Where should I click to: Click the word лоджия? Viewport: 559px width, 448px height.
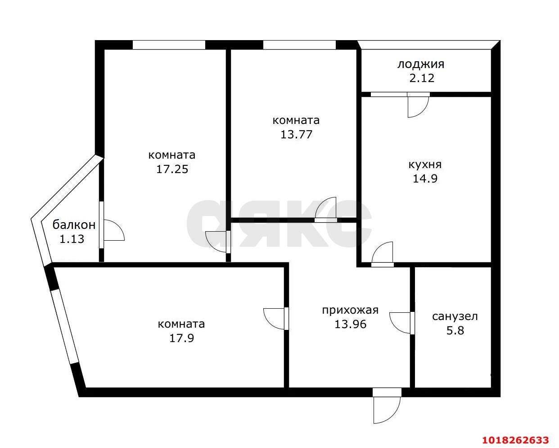click(x=421, y=64)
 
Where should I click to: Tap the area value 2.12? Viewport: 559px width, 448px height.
click(x=422, y=78)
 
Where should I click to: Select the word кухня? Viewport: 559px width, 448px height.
click(x=425, y=165)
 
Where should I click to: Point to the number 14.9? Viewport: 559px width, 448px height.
click(x=425, y=178)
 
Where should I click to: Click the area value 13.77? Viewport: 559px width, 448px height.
click(x=297, y=134)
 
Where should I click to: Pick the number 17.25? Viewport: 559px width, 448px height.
click(x=172, y=169)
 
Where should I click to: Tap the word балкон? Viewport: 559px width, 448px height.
click(x=74, y=225)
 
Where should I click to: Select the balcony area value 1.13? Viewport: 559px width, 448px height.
click(x=72, y=239)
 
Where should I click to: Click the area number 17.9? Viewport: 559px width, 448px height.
click(x=181, y=338)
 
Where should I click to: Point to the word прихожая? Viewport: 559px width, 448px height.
click(x=351, y=311)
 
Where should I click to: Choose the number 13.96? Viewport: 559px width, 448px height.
click(x=351, y=324)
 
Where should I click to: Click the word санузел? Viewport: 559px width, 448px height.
click(x=455, y=316)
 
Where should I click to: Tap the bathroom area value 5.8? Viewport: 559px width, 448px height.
click(x=455, y=330)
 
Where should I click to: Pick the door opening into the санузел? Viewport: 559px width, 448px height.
click(x=402, y=323)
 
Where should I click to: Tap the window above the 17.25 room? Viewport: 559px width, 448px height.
click(x=169, y=45)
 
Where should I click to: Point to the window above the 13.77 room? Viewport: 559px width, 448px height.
click(x=299, y=45)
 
